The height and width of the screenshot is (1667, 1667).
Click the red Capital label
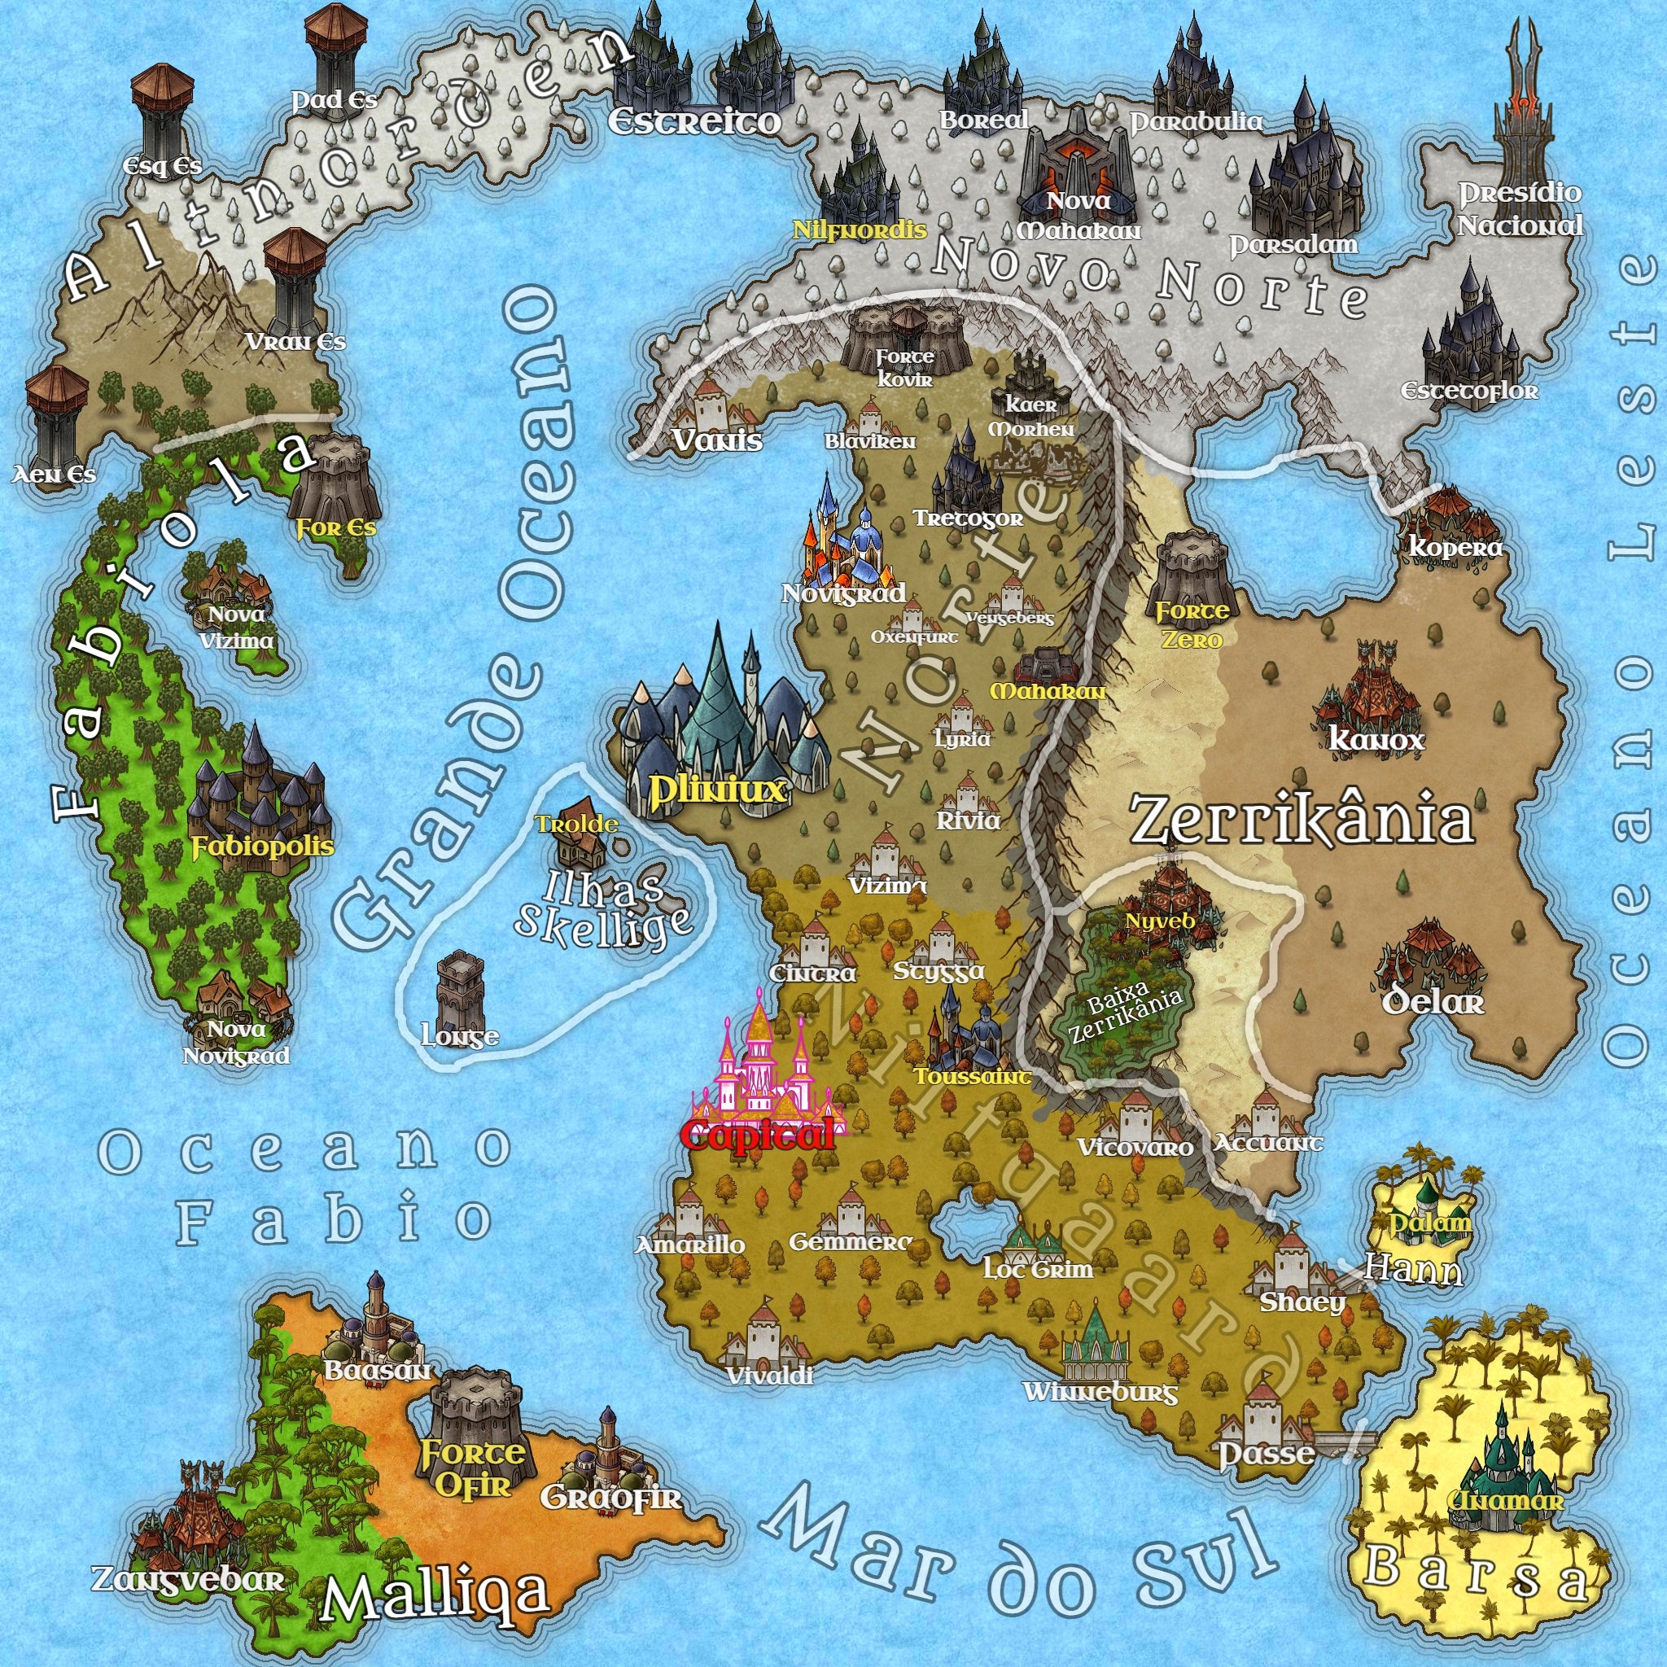coord(757,1134)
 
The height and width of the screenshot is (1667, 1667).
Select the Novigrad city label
coord(843,593)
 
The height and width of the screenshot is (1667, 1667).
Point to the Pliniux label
coord(717,789)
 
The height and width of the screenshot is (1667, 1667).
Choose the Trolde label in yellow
coord(576,824)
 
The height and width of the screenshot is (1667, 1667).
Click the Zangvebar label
coord(187,1580)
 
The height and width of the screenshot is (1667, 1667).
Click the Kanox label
coord(1376,739)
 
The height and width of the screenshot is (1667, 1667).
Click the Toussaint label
coord(973,1077)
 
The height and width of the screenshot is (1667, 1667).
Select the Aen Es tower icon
coord(56,414)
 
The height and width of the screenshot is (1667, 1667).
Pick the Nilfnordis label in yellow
coord(860,230)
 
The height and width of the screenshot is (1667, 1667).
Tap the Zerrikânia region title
coord(1302,820)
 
